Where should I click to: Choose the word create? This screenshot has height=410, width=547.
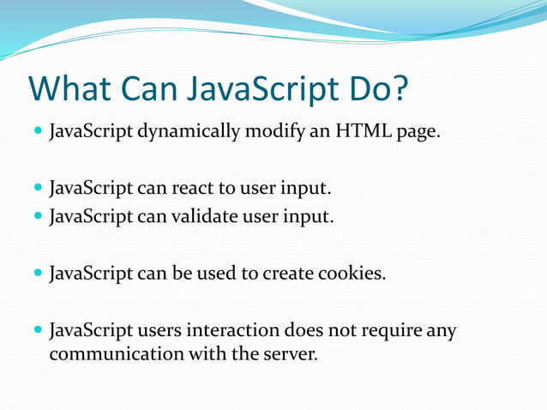pos(288,274)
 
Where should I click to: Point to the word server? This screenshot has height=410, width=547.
pos(291,353)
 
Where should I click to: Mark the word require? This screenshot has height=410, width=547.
pos(393,330)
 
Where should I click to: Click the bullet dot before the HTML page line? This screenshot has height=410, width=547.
pos(38,134)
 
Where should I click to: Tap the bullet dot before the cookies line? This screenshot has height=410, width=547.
pos(38,274)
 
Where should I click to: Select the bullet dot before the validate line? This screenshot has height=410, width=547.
pos(38,216)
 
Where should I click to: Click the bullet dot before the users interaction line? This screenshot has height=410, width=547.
pos(38,331)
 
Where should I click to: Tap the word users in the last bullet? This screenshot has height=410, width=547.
pos(146,330)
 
